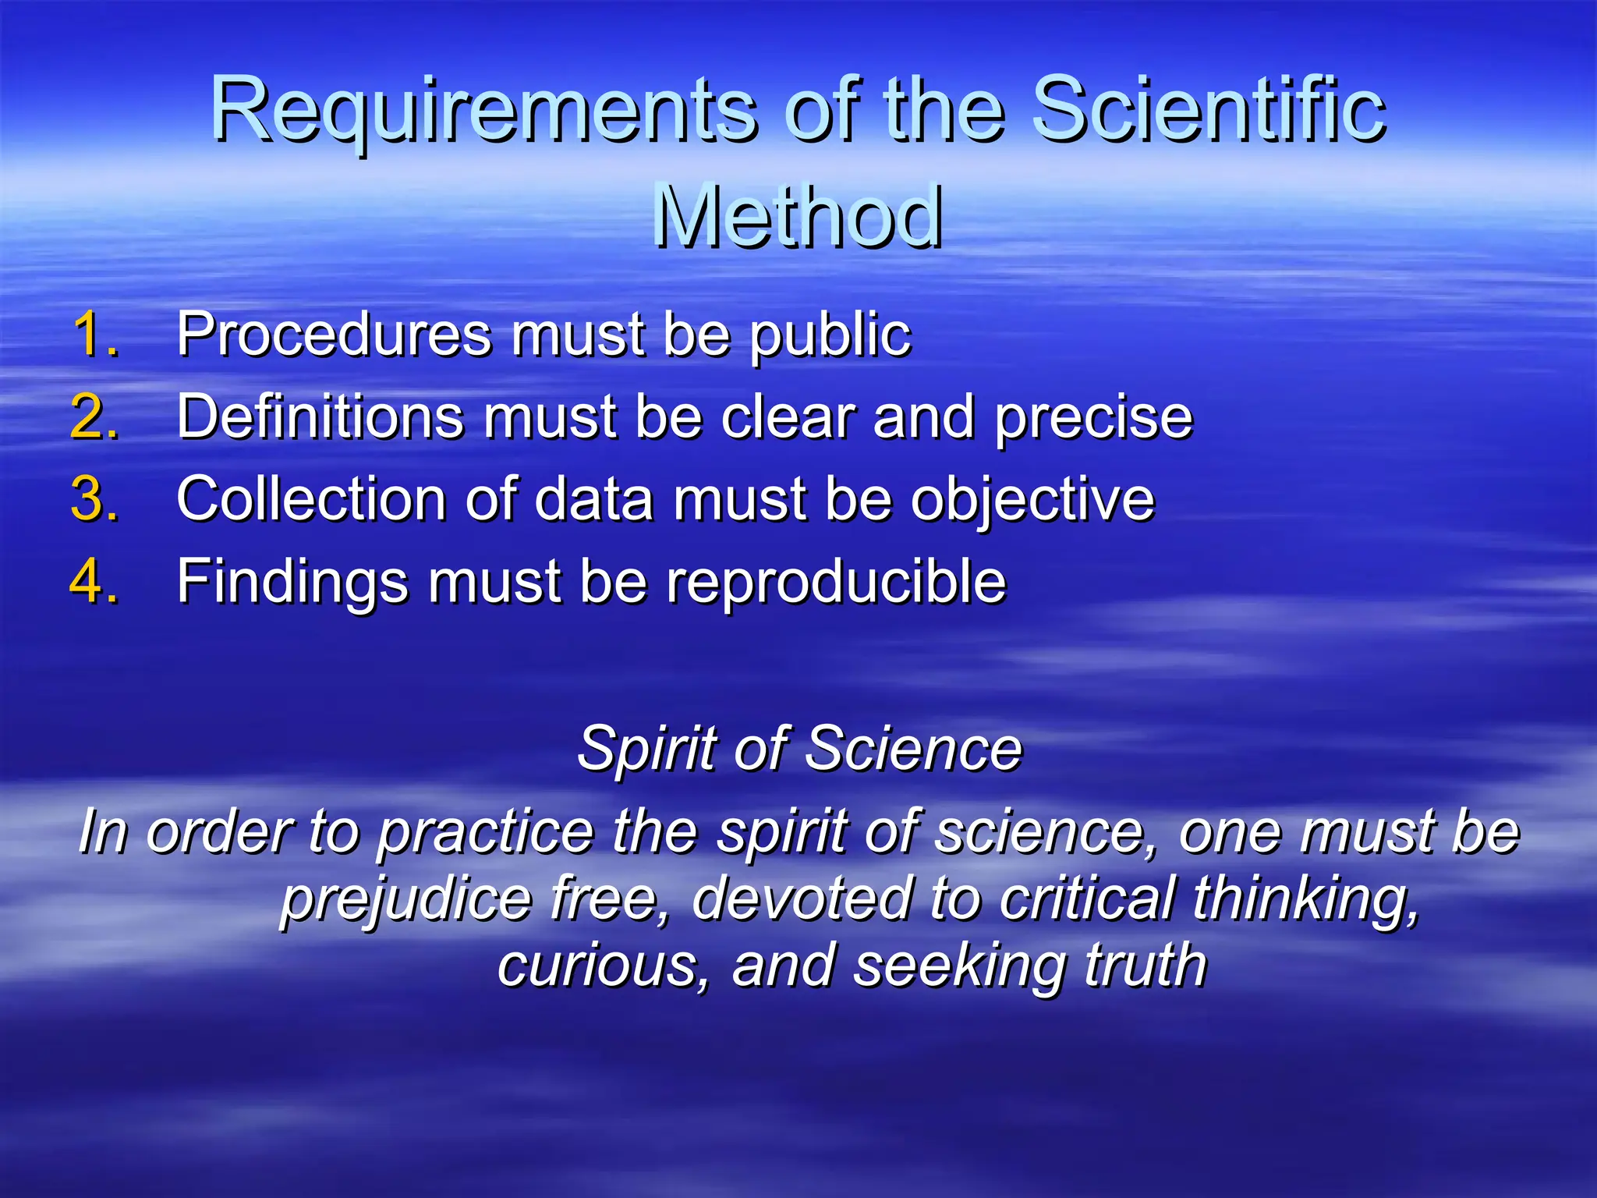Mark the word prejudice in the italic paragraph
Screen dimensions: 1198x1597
pos(405,899)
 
